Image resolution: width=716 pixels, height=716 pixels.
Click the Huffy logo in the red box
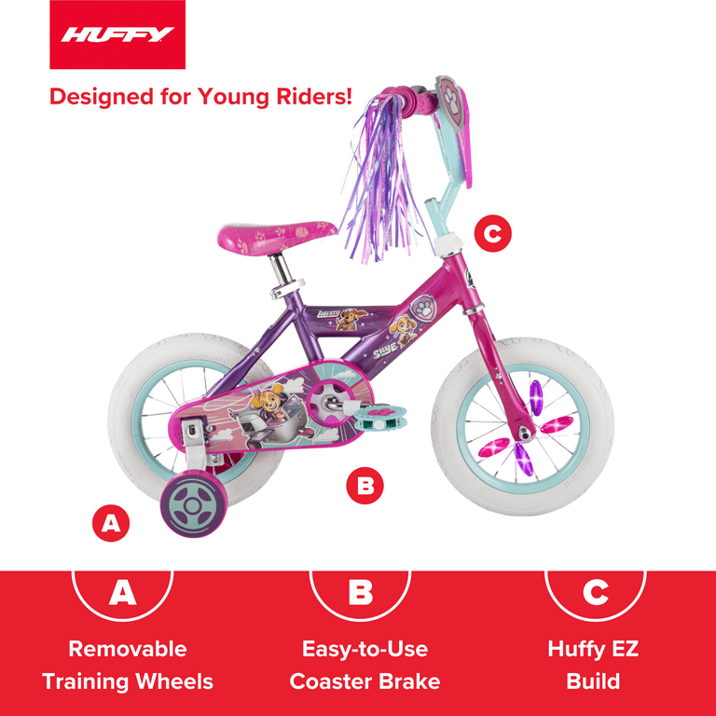tap(117, 35)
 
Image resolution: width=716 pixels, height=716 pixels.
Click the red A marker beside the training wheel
tap(111, 523)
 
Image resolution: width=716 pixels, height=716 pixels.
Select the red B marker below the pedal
tap(365, 486)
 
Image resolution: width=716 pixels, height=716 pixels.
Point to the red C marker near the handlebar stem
tap(493, 233)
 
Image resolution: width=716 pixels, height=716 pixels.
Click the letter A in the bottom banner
tap(123, 592)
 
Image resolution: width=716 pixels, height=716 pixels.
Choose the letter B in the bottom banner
tap(359, 592)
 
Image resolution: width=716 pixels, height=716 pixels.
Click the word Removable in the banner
tap(127, 649)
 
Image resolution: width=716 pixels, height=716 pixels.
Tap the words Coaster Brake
tap(365, 682)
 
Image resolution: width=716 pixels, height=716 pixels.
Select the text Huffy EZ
tap(593, 649)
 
